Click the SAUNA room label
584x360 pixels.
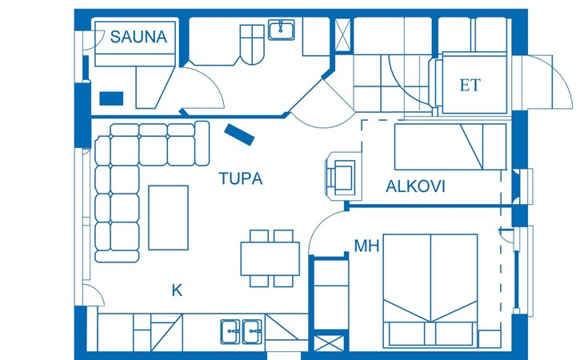138,37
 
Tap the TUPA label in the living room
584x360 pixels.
241,178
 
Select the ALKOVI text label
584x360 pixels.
415,186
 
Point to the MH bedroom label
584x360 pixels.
366,246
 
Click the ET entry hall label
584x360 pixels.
470,86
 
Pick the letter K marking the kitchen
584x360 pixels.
177,290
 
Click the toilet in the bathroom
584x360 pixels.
252,45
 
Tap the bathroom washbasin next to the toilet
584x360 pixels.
282,30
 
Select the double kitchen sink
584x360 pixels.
241,331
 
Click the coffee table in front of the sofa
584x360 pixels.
168,218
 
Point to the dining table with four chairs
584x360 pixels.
270,258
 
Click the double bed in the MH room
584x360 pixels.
430,290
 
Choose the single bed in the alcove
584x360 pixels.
450,147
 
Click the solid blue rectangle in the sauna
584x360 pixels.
111,98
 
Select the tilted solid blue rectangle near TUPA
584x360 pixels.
239,134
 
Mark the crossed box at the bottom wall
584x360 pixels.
329,343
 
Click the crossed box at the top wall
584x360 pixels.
342,34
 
